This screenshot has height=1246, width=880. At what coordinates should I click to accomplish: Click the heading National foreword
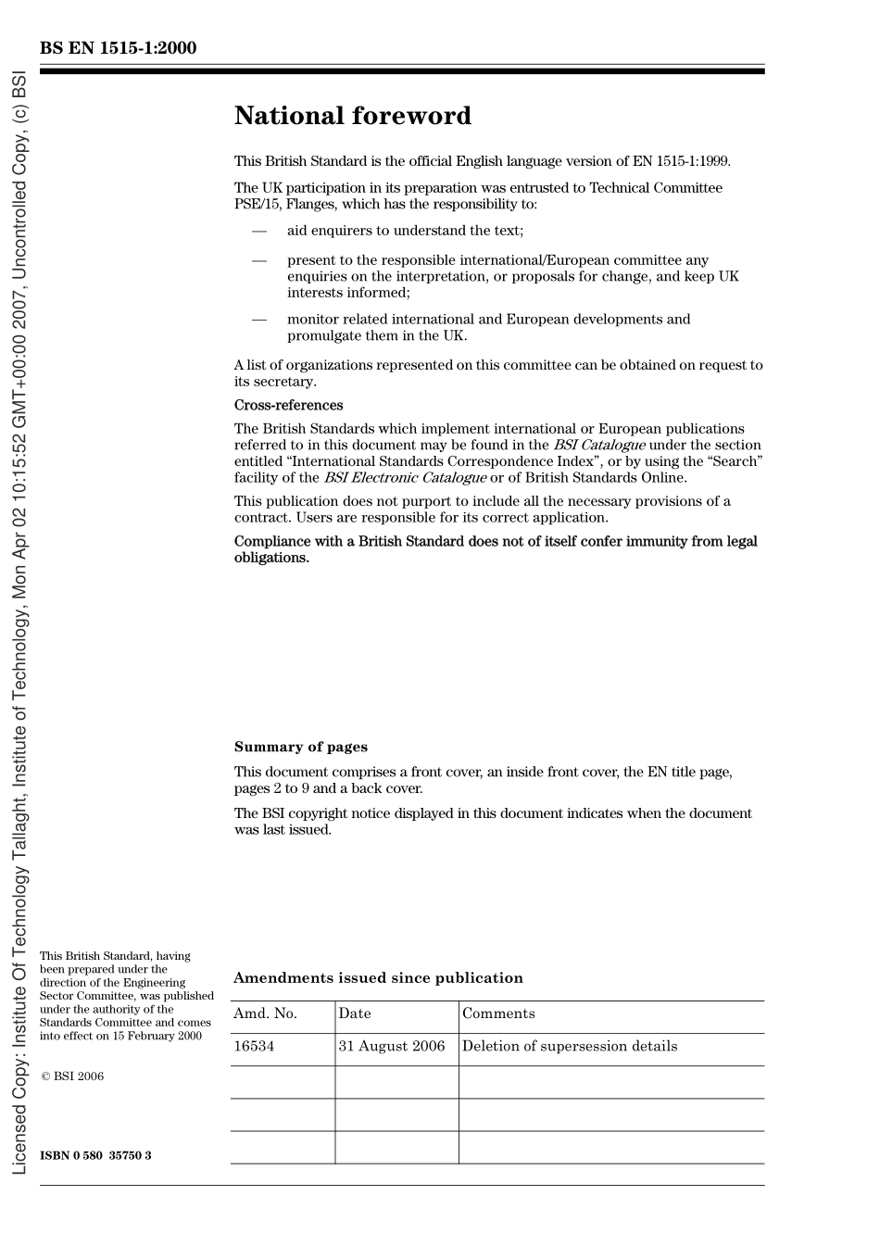point(352,116)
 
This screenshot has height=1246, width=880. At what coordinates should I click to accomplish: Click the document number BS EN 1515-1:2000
point(118,48)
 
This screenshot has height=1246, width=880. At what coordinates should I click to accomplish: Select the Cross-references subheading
point(288,405)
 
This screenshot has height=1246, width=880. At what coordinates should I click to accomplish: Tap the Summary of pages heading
point(300,747)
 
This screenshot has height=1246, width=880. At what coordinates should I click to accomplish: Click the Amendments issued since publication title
point(378,977)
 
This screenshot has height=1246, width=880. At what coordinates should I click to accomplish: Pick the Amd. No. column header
point(265,1013)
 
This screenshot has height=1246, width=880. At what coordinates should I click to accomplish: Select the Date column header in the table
point(355,1013)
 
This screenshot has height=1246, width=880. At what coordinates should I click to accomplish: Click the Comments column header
point(498,1013)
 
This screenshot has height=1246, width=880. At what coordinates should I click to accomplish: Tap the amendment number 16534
point(254,1046)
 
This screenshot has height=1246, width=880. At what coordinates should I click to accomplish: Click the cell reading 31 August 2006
point(391,1046)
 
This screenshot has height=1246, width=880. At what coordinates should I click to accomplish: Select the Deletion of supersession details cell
point(570,1046)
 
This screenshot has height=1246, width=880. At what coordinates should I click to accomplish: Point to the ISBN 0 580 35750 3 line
point(95,1155)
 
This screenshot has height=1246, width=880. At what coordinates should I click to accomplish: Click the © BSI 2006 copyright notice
point(72,1076)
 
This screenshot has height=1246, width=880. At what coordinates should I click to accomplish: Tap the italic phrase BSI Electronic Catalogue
point(405,478)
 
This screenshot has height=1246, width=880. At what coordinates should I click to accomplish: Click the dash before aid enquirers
point(259,231)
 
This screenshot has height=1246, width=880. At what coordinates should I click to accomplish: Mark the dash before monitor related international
point(259,320)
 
